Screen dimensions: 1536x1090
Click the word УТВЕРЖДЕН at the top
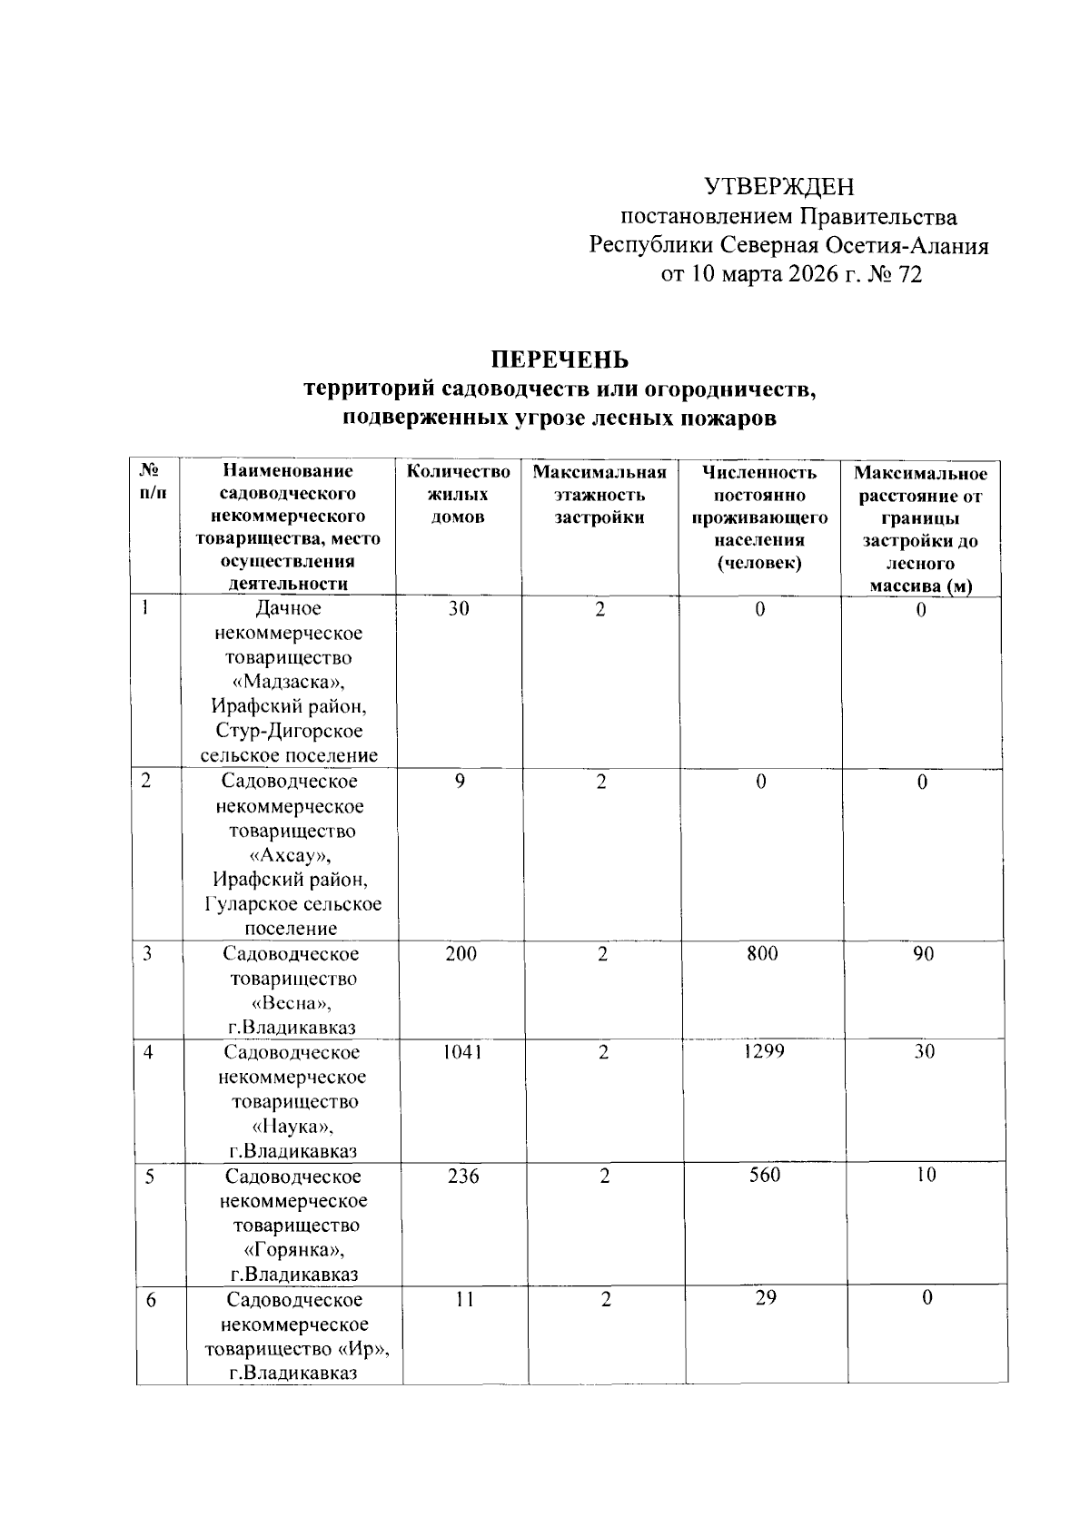[780, 187]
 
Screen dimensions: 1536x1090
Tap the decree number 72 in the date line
[909, 275]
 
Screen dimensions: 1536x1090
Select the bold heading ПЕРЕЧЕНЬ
[560, 360]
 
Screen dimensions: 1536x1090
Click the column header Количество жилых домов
[458, 495]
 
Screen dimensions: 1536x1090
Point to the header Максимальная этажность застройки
[599, 495]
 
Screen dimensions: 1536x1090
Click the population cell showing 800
[763, 953]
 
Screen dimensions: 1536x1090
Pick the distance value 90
[924, 953]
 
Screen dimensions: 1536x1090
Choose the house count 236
[463, 1177]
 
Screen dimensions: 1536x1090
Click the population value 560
[765, 1176]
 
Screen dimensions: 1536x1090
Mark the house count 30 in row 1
[459, 609]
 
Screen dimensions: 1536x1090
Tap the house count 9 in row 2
[461, 782]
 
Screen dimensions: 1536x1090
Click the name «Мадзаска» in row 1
[289, 683]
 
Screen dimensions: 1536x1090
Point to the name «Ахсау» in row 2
[291, 855]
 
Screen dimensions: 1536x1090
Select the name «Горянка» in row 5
[293, 1250]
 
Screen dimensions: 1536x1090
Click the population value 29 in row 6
[766, 1298]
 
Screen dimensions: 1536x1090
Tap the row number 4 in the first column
[147, 1053]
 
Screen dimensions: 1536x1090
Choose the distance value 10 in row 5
[925, 1176]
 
